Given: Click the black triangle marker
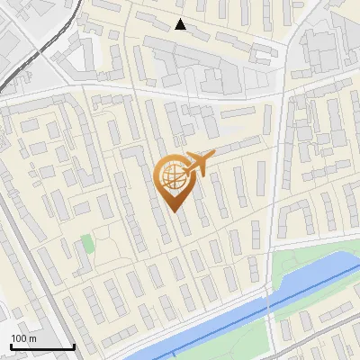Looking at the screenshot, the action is [181, 24].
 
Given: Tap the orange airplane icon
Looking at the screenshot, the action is [200, 164].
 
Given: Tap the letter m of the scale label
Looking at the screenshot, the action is [33, 338].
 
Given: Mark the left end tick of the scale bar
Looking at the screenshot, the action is [10, 346].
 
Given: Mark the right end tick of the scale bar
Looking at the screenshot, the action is [74, 346].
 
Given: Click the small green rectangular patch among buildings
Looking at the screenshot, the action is [86, 243].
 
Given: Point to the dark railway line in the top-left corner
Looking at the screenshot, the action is [22, 67].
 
